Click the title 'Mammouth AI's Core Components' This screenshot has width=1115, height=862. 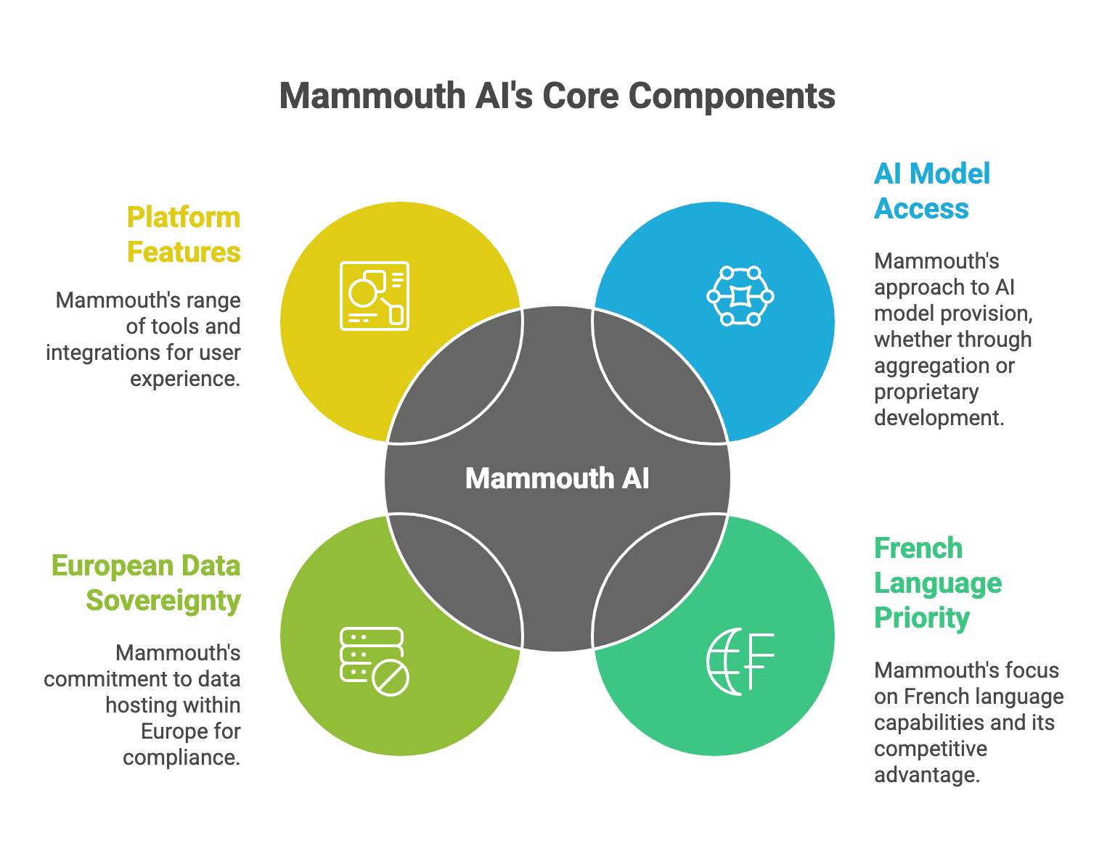click(557, 97)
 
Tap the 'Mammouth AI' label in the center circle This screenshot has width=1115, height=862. click(557, 479)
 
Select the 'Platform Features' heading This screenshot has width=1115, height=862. click(184, 234)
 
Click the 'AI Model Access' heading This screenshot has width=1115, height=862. click(932, 191)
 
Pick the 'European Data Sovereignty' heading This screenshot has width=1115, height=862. click(146, 583)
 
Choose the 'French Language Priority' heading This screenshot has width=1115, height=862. click(937, 583)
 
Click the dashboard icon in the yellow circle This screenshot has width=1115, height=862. click(375, 296)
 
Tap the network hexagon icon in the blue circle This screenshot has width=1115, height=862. click(740, 296)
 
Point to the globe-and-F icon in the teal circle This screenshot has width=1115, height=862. click(740, 661)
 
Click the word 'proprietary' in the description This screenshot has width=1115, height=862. click(926, 392)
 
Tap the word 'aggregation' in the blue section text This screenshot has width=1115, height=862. click(934, 366)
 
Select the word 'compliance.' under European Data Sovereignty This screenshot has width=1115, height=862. click(181, 758)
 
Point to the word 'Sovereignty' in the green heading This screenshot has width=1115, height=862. click(163, 601)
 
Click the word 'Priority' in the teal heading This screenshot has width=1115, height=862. click(922, 617)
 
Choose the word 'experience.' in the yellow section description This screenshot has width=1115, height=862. click(185, 379)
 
